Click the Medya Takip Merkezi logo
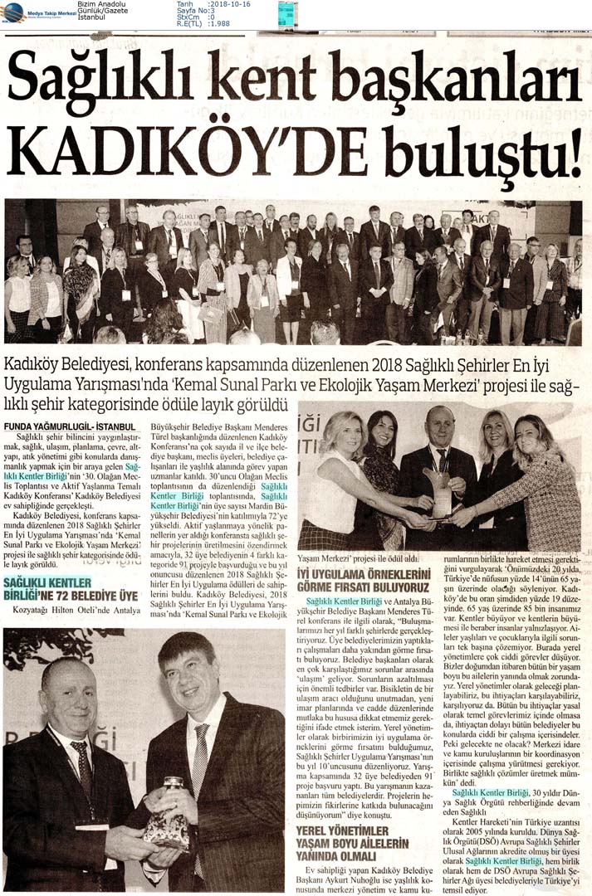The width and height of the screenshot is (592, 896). [38, 12]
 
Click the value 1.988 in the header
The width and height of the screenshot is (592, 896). [219, 23]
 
